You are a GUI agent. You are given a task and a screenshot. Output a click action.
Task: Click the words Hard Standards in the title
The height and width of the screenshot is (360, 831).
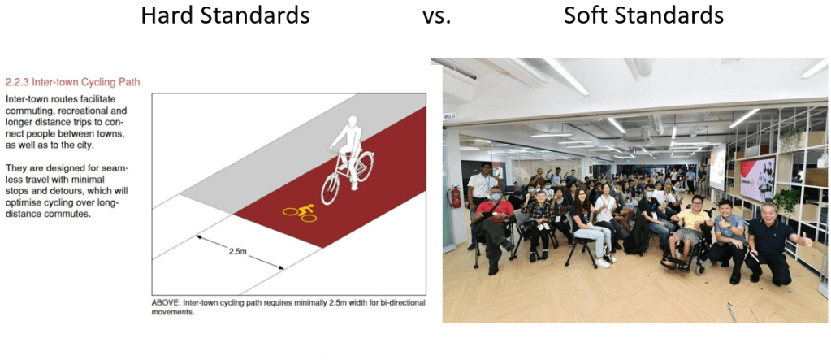click(225, 15)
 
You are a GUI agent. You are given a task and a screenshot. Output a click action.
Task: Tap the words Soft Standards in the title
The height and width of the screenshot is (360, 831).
click(643, 15)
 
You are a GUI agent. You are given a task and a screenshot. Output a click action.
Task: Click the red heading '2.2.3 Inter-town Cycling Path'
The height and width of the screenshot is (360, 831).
click(73, 82)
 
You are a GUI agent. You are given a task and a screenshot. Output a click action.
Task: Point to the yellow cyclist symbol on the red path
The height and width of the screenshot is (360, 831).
click(299, 213)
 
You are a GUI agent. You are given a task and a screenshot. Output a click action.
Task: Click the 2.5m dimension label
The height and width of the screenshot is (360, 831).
click(236, 252)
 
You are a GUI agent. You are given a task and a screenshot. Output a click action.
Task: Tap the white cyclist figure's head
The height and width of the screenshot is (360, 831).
click(351, 123)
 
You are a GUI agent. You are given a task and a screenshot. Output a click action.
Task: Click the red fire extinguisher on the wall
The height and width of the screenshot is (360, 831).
click(457, 197)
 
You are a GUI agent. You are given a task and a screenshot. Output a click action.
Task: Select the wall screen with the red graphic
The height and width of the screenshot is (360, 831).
click(756, 178)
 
